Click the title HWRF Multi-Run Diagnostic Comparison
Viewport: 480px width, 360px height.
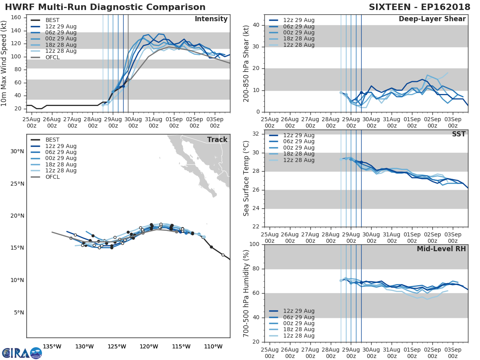point(105,7)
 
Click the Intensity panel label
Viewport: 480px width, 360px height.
point(211,19)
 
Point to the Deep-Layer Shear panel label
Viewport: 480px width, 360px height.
point(432,19)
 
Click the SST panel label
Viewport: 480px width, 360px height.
point(458,134)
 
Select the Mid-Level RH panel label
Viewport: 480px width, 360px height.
point(441,249)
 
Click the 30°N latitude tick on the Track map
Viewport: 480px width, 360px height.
point(17,151)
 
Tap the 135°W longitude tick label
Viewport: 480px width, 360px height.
point(52,346)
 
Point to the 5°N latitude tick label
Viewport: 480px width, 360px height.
point(19,312)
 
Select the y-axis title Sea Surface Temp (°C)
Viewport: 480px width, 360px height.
point(246,178)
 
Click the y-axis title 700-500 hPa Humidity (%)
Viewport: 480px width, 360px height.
point(246,293)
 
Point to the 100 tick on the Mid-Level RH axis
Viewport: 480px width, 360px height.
point(255,244)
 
